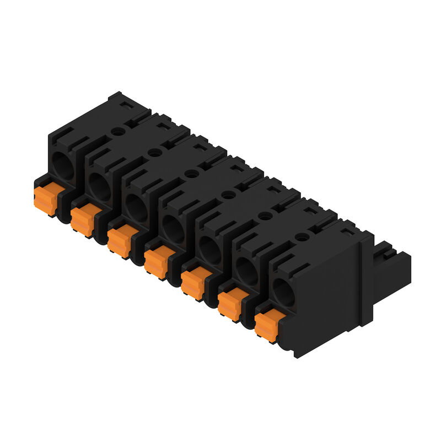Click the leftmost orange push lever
pos(46,200)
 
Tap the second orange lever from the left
pos(83,220)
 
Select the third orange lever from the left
pos(120,241)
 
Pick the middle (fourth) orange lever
pos(157,262)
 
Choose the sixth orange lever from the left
pos(230,304)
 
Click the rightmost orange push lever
pos(267,326)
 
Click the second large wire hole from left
pos(99,186)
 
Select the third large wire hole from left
pos(136,208)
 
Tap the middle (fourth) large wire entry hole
pos(173,229)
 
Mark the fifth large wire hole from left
pos(210,250)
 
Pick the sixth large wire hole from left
pos(246,271)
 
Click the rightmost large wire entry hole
pos(284,292)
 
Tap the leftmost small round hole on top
pos(118,131)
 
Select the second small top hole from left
pos(155,152)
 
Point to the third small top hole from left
pos(191,173)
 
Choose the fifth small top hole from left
pos(265,216)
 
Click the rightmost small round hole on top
pos(302,236)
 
